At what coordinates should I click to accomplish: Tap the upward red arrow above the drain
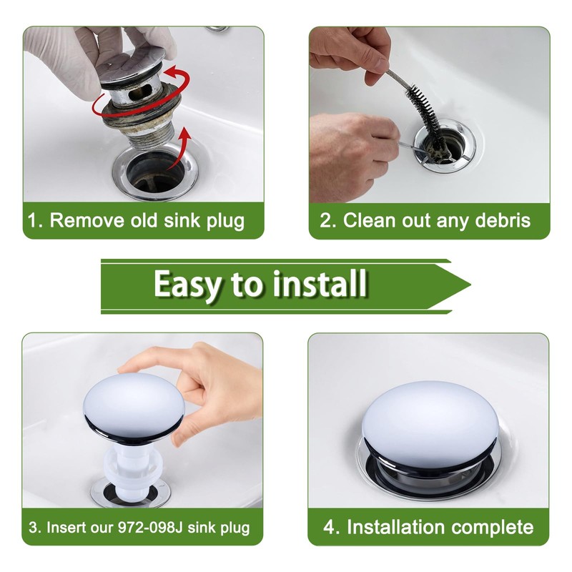pos(182,149)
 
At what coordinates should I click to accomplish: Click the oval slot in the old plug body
pos(142,92)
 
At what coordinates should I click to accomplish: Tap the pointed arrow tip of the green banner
pos(470,285)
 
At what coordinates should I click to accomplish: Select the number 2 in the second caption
pos(325,221)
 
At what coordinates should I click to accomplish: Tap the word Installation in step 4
pos(395,527)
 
